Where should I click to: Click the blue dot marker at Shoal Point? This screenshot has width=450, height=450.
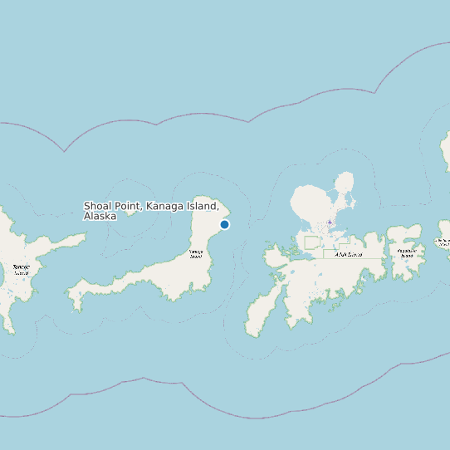click(x=224, y=224)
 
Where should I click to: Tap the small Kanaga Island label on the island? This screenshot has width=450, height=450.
click(x=196, y=253)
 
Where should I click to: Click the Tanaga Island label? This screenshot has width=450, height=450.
click(x=21, y=270)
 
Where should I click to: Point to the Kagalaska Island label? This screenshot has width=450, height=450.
click(x=406, y=252)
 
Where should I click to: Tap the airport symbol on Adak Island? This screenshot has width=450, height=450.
click(x=330, y=223)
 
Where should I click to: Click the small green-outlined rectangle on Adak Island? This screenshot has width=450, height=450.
click(x=311, y=242)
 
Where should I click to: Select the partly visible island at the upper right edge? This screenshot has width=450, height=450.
click(x=446, y=149)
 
